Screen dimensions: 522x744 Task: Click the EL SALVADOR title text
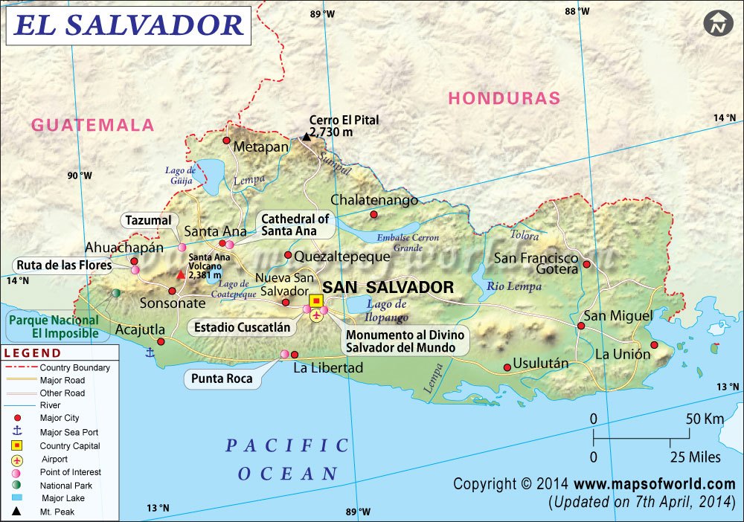(x=129, y=25)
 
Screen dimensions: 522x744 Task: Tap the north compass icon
(x=718, y=23)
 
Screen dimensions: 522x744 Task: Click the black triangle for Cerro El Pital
(x=306, y=137)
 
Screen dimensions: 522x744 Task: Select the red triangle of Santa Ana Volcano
(x=180, y=274)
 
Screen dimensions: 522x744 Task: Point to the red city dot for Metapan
(x=227, y=140)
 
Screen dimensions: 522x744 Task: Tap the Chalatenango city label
(x=374, y=200)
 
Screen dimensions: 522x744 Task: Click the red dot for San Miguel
(x=581, y=326)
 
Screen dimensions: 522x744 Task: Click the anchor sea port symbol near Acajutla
(x=150, y=352)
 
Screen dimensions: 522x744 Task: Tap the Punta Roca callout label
(x=222, y=378)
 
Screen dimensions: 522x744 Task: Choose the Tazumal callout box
(x=149, y=220)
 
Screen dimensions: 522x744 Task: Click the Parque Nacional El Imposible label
(x=53, y=326)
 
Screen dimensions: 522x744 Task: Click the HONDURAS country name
(x=504, y=98)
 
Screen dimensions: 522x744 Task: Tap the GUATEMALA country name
(x=92, y=125)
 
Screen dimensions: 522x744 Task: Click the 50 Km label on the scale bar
(x=704, y=419)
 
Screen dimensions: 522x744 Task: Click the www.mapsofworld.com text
(x=654, y=484)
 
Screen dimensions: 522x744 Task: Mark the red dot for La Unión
(x=655, y=344)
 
